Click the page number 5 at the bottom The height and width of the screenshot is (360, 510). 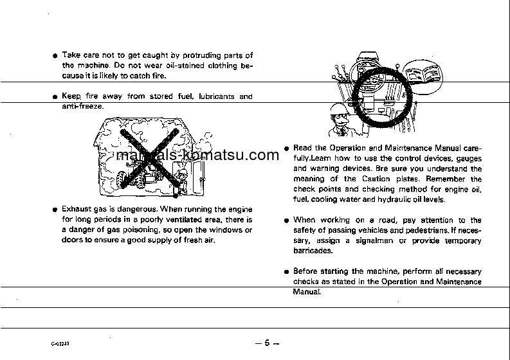(266, 343)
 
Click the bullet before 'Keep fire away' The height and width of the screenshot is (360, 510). (55, 98)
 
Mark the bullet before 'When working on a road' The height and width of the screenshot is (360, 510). (287, 221)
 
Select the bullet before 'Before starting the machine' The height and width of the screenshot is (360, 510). (287, 272)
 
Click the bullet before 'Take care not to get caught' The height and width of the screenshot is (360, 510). (55, 56)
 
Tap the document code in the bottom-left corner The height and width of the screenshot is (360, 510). (60, 344)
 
